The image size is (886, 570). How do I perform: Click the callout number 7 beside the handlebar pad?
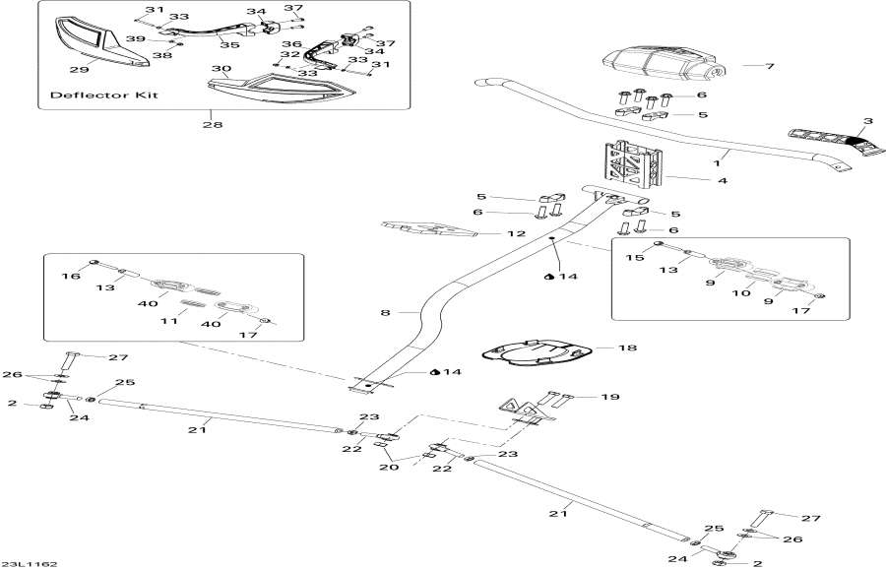(771, 66)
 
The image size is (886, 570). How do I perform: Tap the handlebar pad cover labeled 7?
(661, 65)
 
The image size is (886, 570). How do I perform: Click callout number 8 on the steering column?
(386, 312)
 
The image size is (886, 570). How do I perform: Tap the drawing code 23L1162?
(30, 563)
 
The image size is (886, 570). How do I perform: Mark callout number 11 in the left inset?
(168, 322)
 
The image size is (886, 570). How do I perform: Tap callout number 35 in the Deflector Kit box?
(229, 44)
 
